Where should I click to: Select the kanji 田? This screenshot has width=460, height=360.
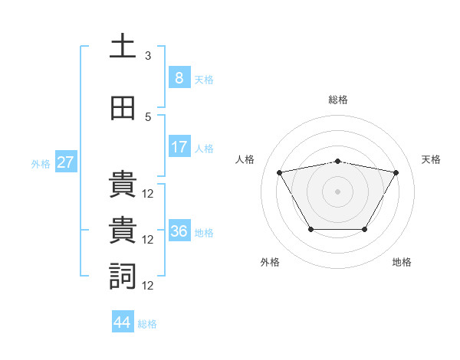(122, 108)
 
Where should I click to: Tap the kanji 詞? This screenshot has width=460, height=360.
(122, 276)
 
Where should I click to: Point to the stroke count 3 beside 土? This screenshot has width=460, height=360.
(148, 56)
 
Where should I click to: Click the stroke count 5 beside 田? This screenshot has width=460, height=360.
(148, 117)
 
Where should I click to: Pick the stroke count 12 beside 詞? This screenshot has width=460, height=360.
(148, 285)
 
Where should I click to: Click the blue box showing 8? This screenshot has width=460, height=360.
(179, 77)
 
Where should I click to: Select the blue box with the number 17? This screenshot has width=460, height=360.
(179, 147)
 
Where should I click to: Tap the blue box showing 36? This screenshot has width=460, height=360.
(179, 231)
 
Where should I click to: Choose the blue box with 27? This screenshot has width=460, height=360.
(65, 162)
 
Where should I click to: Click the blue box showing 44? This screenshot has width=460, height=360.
(122, 322)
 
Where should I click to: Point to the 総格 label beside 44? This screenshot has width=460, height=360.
(147, 324)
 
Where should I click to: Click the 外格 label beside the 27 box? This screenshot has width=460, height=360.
(41, 163)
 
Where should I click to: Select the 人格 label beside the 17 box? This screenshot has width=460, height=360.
(204, 148)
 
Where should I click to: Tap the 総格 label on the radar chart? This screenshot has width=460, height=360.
(337, 100)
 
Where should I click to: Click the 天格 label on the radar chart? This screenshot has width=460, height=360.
(431, 159)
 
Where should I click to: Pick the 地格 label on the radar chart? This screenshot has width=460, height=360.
(402, 262)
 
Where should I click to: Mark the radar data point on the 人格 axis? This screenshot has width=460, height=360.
(279, 172)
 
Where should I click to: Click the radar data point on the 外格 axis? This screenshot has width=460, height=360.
(310, 229)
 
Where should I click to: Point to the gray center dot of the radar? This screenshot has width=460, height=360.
(337, 191)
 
